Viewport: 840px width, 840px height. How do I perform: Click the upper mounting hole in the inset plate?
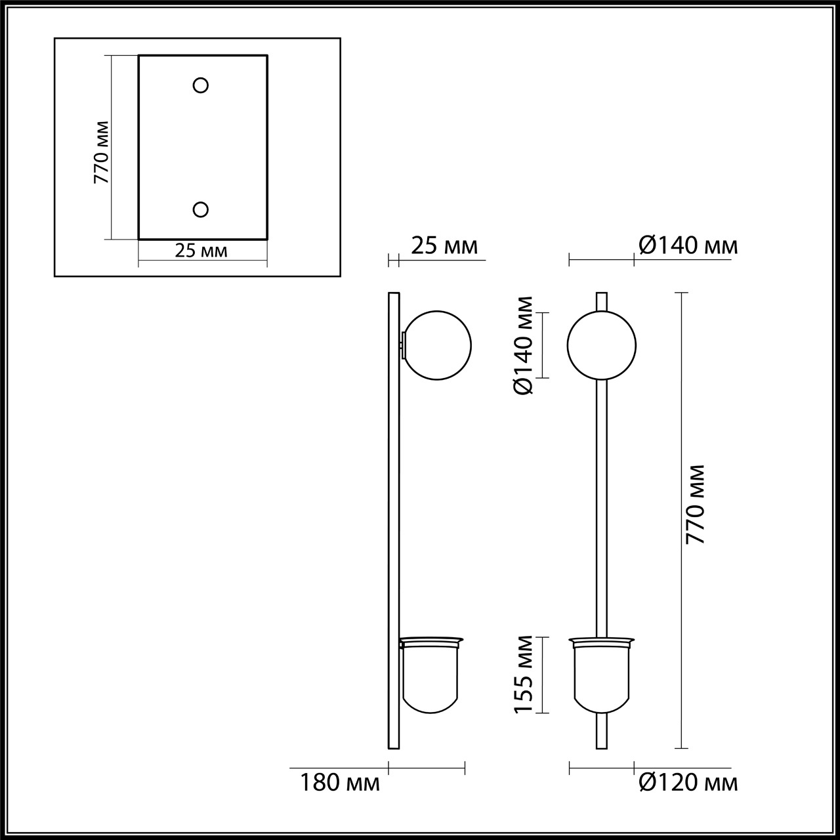201,85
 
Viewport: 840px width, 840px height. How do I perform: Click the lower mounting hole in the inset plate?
201,209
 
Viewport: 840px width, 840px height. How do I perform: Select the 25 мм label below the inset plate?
201,250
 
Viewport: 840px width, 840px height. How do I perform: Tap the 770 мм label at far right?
695,503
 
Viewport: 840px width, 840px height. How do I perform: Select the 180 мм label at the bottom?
340,782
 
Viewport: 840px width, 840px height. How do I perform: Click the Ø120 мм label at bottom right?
688,782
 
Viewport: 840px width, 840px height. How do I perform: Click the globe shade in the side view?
438,345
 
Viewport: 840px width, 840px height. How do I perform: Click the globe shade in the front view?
601,345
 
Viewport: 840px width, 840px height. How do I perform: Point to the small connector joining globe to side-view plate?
402,345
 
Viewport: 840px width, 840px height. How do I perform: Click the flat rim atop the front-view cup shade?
601,639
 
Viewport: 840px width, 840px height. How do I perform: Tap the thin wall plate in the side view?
394,525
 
